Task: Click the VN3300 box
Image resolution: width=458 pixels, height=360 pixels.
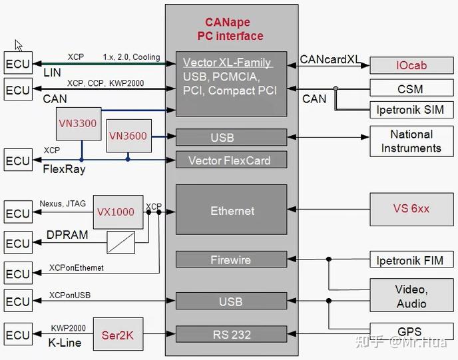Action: [x=78, y=123]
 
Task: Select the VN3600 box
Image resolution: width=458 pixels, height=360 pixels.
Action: [x=127, y=135]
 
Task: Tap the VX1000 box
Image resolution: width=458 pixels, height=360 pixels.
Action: [x=115, y=212]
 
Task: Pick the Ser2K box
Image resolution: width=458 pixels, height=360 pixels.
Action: [x=117, y=335]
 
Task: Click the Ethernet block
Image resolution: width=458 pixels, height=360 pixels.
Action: [x=232, y=210]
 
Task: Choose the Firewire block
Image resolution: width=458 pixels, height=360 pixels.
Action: [x=232, y=260]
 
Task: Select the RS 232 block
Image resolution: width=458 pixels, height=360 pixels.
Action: [x=232, y=334]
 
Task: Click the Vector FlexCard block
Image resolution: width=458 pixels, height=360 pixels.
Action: [x=232, y=160]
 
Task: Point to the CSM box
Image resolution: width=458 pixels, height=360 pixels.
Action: [x=410, y=89]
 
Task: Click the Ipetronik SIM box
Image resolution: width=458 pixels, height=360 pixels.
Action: [x=410, y=109]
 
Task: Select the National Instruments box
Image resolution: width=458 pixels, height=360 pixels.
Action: [x=411, y=141]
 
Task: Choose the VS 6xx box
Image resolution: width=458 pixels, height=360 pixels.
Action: [x=411, y=208]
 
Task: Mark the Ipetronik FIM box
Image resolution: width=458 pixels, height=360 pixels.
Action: [x=410, y=260]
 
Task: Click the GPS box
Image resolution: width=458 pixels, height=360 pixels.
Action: [x=410, y=331]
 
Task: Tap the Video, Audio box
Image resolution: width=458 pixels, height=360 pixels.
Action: [x=411, y=296]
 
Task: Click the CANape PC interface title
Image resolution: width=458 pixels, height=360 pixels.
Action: [x=230, y=29]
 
